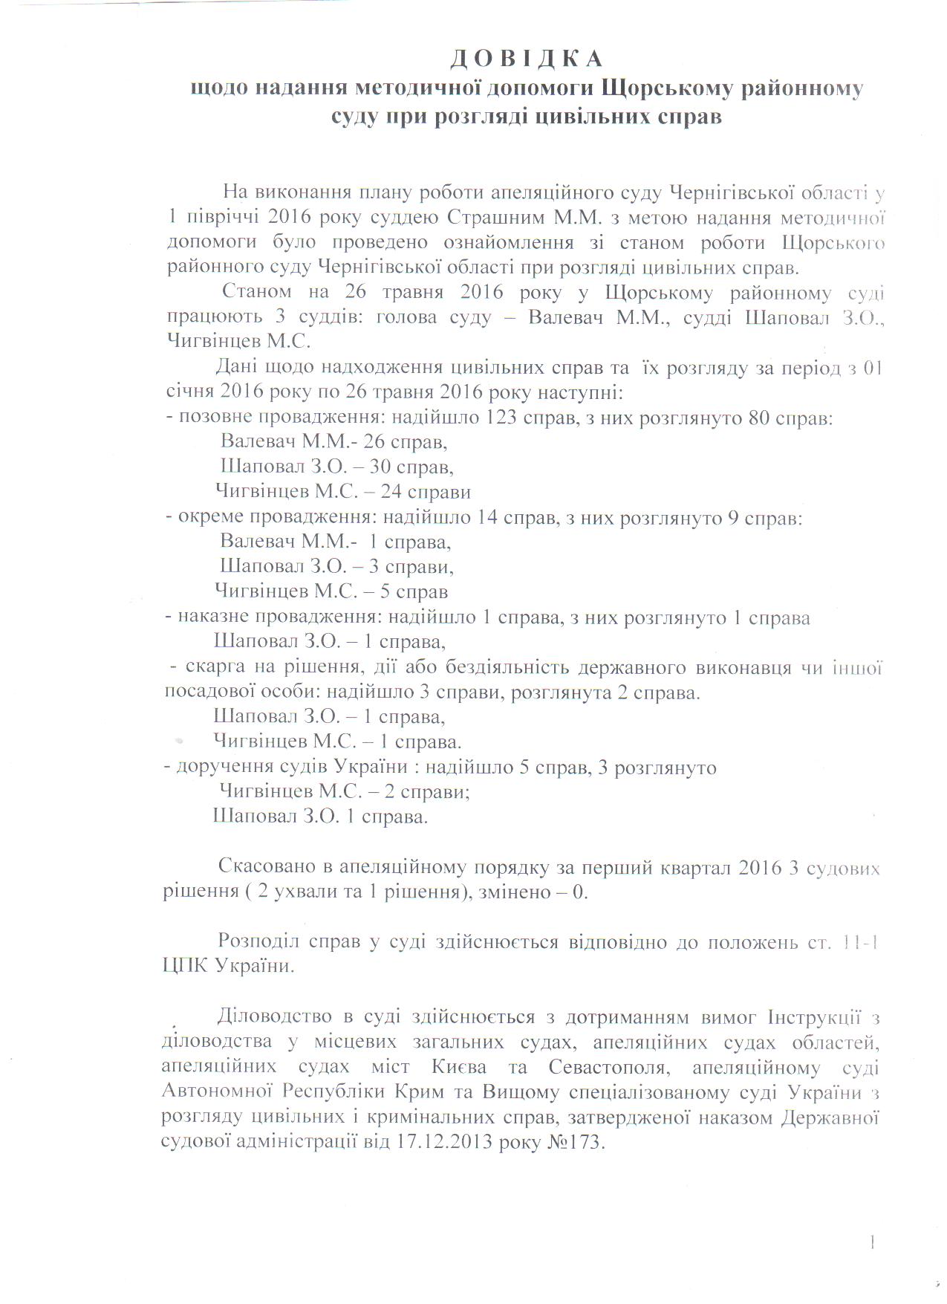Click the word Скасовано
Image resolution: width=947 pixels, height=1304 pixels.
[266, 867]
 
